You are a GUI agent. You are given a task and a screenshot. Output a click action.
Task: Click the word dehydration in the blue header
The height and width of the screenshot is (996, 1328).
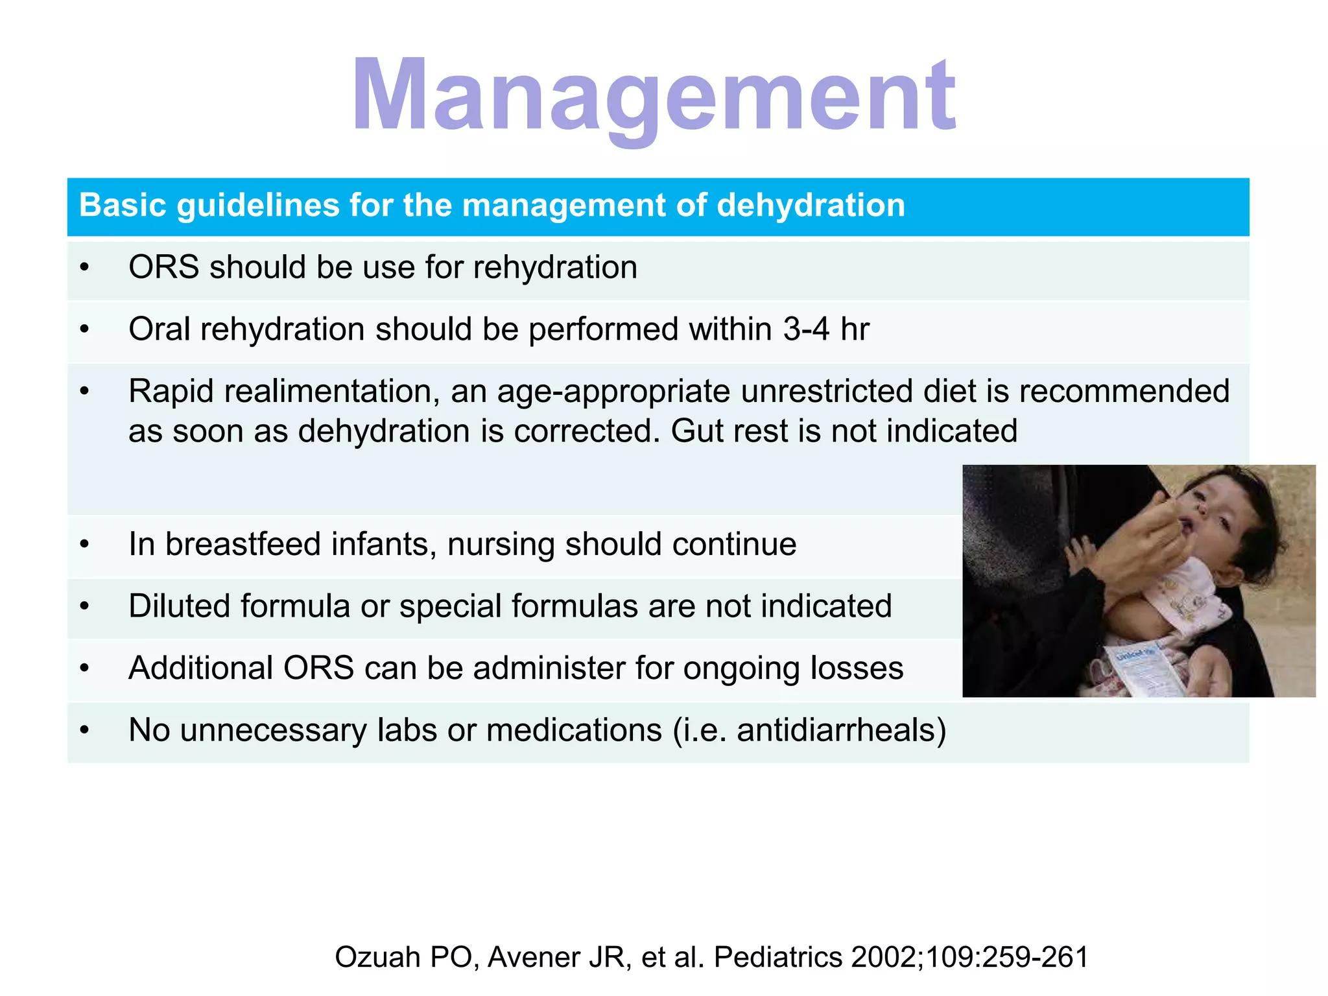811,206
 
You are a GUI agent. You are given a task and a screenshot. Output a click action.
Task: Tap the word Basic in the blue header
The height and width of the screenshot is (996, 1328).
123,206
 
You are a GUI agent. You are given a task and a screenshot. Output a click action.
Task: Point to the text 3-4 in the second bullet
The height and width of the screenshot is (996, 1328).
806,329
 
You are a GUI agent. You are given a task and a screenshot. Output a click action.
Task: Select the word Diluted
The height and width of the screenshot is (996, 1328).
179,606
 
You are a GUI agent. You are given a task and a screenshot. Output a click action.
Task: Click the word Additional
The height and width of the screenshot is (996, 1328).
201,668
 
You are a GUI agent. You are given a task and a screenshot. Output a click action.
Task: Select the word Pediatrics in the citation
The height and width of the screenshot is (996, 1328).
778,957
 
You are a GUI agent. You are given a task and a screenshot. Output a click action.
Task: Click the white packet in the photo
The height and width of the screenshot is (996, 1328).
1141,668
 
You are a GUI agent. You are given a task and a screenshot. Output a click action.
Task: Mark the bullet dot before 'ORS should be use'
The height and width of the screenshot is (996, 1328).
84,267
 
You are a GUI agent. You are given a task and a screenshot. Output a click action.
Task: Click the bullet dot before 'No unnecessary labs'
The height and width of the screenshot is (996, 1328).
84,731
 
